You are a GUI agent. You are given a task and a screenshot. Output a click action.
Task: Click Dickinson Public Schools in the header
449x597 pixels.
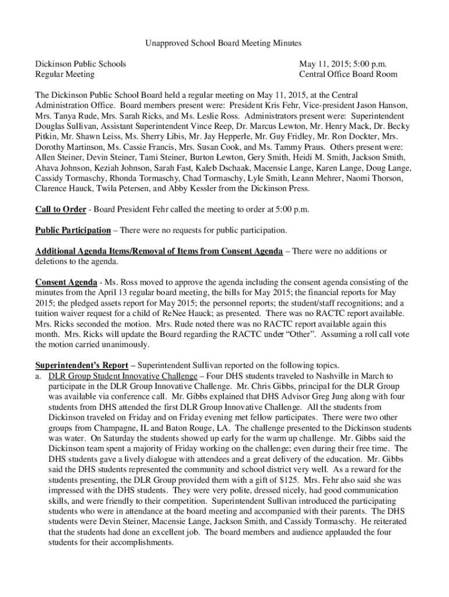tap(80, 64)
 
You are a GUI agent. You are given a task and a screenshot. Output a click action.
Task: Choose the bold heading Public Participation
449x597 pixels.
tap(73, 230)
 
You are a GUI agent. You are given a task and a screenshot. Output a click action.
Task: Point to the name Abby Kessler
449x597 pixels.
tap(193, 189)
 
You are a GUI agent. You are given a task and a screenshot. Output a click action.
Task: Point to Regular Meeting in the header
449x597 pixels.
tap(65, 74)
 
